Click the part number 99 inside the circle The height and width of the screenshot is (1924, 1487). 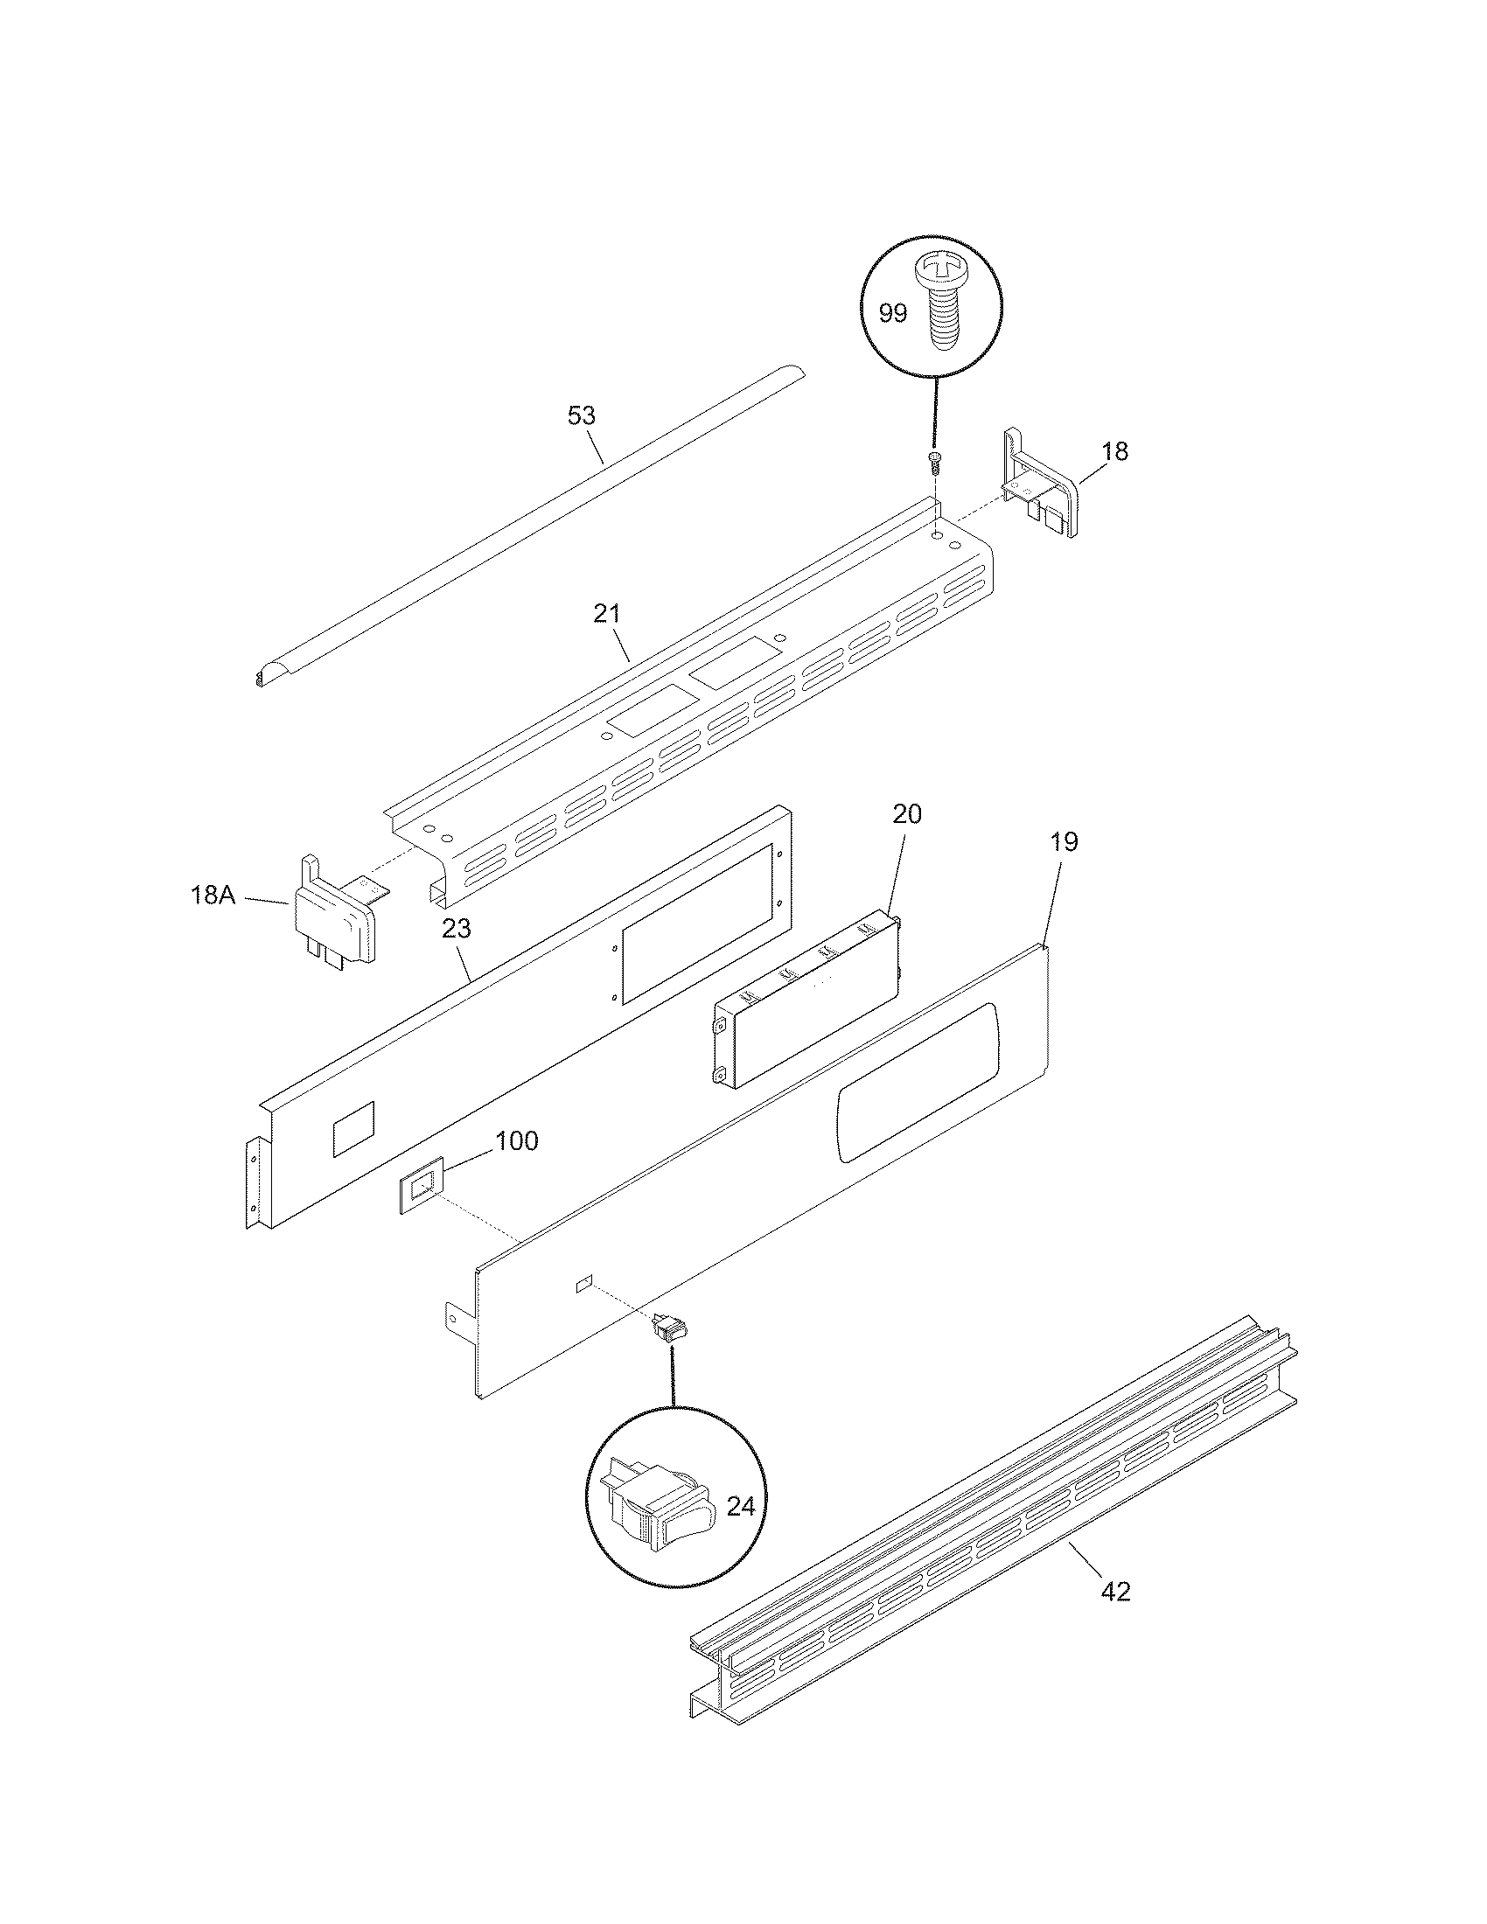[892, 313]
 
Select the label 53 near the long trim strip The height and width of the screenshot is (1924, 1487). [582, 415]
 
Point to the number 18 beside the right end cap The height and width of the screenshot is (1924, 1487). [1114, 451]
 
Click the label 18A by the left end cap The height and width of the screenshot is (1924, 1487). [213, 896]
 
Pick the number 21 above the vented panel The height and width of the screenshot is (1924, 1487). [607, 613]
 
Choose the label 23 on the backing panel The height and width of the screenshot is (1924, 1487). [457, 929]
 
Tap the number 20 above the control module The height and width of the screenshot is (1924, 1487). [906, 814]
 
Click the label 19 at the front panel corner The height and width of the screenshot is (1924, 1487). [1065, 842]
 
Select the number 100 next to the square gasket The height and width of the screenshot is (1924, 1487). [516, 1140]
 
